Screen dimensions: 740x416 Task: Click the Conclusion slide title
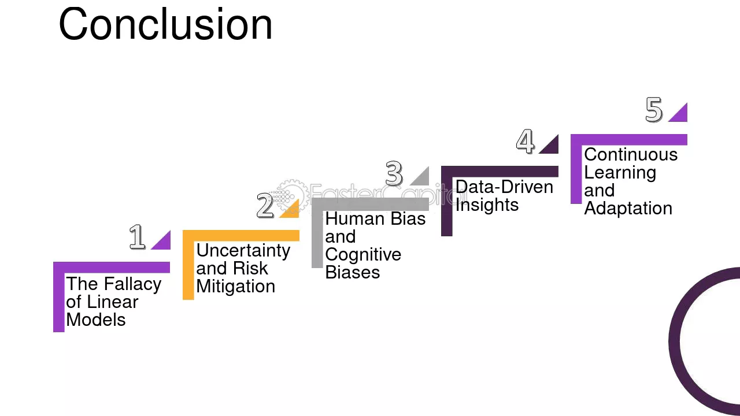tap(165, 24)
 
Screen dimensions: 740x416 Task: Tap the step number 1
tap(137, 236)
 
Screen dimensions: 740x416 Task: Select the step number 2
tap(265, 205)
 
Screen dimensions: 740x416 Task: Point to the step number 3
tap(394, 173)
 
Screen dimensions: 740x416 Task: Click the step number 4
tap(526, 142)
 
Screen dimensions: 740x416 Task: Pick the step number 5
tap(654, 110)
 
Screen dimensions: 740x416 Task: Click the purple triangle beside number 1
tap(164, 243)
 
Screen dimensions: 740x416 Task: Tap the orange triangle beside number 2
tap(293, 211)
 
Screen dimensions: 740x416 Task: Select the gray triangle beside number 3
tap(423, 179)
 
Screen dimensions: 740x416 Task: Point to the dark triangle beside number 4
tap(552, 147)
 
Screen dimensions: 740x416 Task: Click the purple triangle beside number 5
tap(681, 115)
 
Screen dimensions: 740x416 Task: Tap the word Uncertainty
tap(243, 251)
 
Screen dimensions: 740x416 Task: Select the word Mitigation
tap(235, 286)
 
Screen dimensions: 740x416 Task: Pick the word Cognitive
tap(363, 255)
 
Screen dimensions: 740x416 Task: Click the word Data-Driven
tap(505, 187)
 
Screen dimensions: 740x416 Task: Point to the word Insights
tap(487, 205)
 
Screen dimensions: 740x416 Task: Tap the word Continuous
tap(631, 154)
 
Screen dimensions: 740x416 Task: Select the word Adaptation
tap(628, 209)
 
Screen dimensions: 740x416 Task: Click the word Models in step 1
tap(96, 320)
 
